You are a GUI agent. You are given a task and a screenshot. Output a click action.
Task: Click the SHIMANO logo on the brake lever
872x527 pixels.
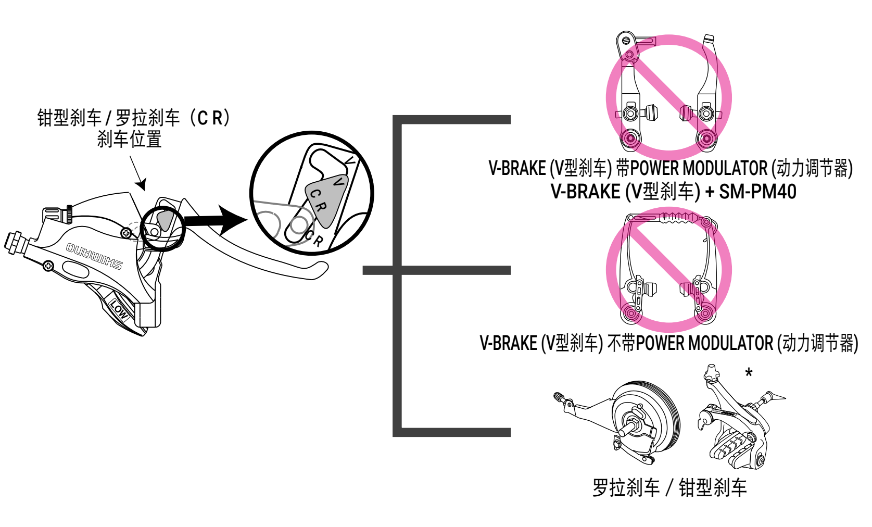94,255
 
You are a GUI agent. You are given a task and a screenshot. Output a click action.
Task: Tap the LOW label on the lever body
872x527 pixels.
119,309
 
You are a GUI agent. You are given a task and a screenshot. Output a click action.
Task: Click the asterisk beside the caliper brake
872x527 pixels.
749,373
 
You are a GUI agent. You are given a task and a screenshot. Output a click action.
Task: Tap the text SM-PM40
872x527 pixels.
757,192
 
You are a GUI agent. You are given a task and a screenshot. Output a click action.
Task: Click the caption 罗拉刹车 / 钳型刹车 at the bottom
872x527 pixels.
669,488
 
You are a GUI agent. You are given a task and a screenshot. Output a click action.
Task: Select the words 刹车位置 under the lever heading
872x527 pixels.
130,140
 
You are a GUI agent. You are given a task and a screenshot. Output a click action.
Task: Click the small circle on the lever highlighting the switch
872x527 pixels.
162,228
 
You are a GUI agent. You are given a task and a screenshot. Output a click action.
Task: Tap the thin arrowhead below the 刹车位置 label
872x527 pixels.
142,184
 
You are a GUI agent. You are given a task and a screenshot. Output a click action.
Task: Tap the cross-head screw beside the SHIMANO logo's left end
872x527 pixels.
48,266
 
